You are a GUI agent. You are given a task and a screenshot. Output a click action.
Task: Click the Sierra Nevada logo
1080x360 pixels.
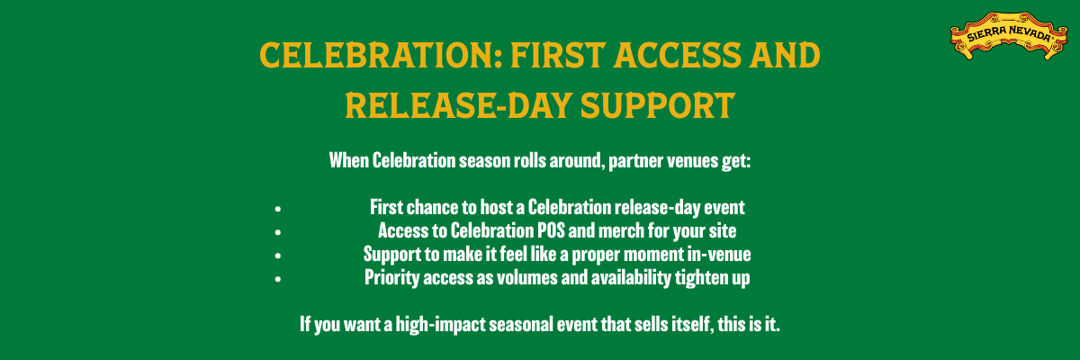pos(1009,36)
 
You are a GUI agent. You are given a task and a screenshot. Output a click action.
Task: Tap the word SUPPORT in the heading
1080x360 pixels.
pos(658,106)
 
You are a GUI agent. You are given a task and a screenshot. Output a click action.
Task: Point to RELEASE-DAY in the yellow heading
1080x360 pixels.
pos(458,106)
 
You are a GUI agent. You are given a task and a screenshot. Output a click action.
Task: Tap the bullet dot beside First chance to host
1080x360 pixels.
pos(278,209)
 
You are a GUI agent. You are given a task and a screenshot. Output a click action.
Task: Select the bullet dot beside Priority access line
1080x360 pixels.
pos(278,279)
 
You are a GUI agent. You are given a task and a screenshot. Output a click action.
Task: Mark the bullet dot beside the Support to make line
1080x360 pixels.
pos(278,256)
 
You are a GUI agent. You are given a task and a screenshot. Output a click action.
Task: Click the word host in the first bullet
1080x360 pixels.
pos(496,207)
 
